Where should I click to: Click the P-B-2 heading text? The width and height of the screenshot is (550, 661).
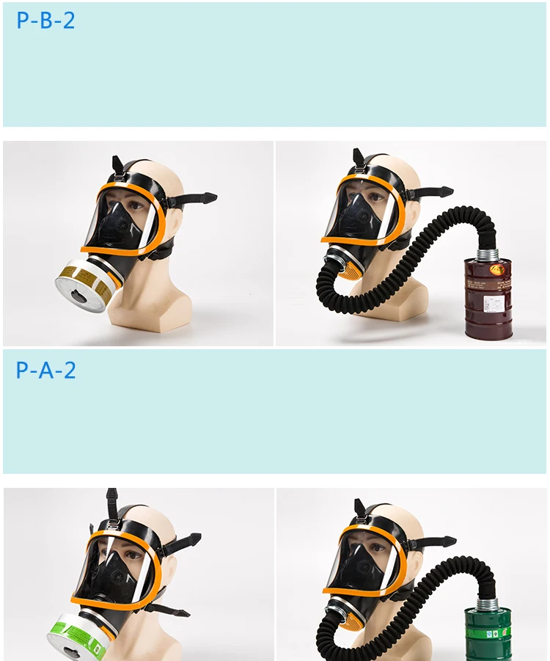click(45, 21)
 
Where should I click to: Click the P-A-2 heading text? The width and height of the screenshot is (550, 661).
click(45, 370)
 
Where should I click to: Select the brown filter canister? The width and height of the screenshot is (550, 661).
click(489, 296)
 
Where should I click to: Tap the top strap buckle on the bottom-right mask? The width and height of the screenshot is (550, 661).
click(359, 518)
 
